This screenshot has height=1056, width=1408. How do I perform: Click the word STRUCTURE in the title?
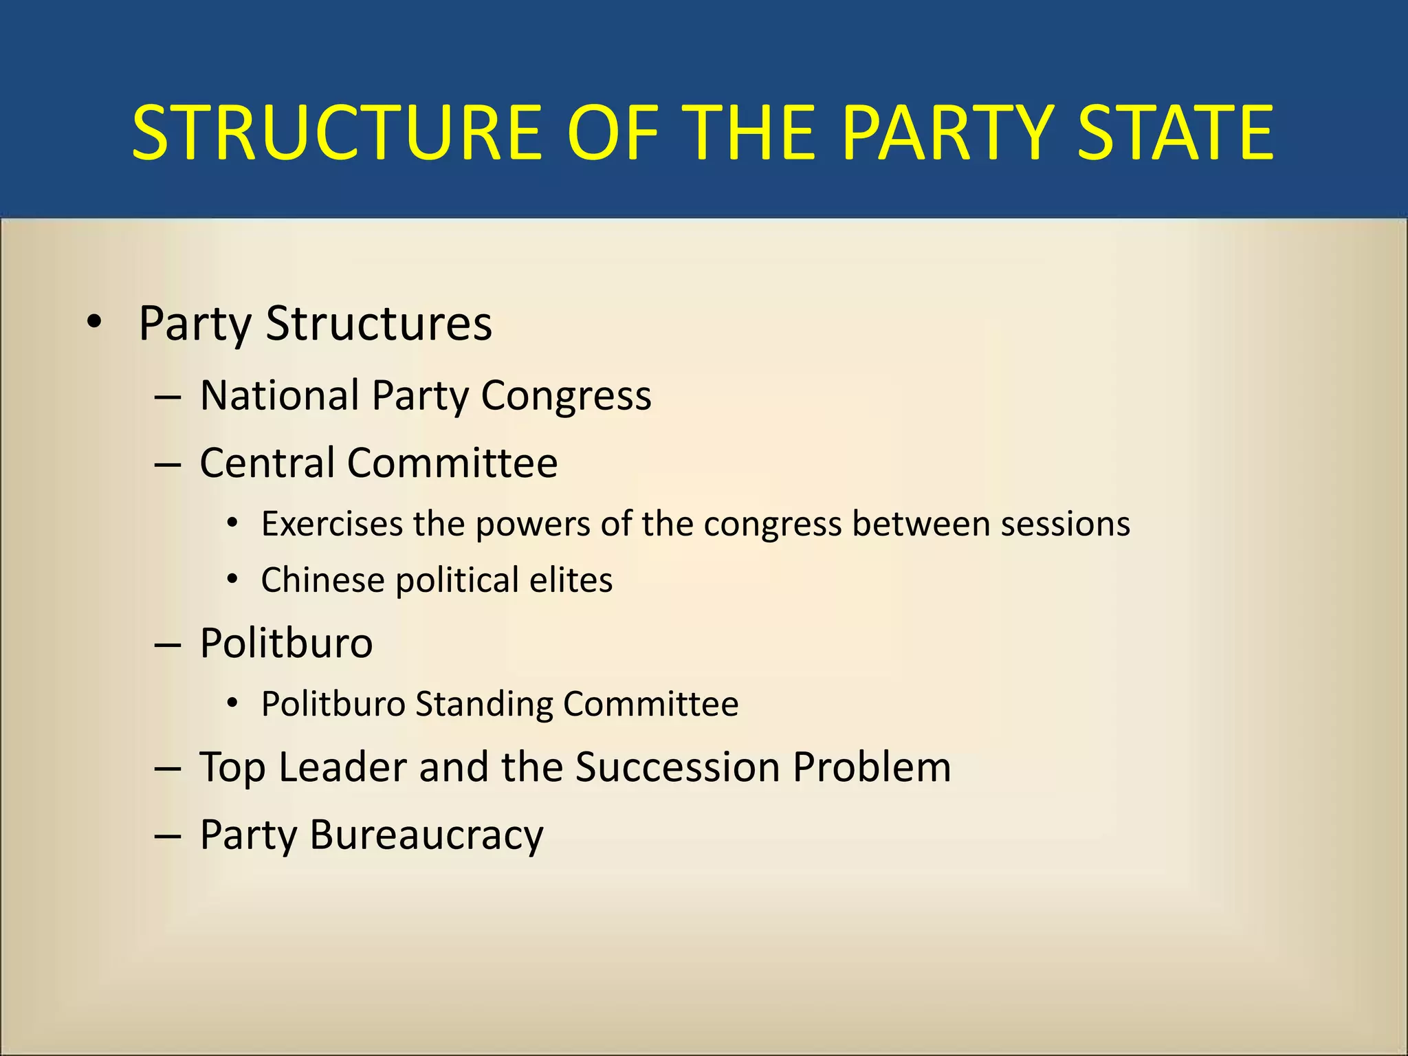338,132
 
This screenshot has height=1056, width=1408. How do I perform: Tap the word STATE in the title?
1175,132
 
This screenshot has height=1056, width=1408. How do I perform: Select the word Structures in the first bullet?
379,323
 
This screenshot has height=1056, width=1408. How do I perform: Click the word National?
280,396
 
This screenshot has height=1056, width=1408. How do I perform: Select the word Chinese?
322,580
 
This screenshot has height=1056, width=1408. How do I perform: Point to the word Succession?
677,767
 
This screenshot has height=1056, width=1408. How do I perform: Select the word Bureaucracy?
426,836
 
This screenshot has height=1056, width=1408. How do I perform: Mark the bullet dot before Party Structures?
94,322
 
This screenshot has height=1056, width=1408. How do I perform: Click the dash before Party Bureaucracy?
168,836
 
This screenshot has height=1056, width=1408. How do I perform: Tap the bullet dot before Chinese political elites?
233,580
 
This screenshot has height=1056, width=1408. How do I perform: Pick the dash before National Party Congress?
168,397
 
